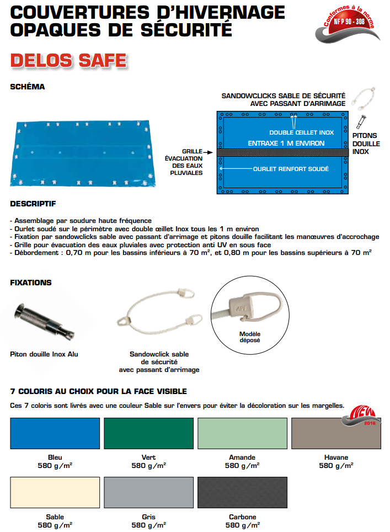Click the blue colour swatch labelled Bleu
pos(55,434)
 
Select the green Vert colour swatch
pos(148,434)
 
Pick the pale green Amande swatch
pos(242,434)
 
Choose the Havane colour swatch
pos(336,434)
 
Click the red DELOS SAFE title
pos(69,60)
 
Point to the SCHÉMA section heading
pos(28,87)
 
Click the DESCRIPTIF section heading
pos(33,204)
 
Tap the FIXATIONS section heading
pos(31,283)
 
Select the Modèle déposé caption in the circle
pos(250,337)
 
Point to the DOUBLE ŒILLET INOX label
pos(302,132)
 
